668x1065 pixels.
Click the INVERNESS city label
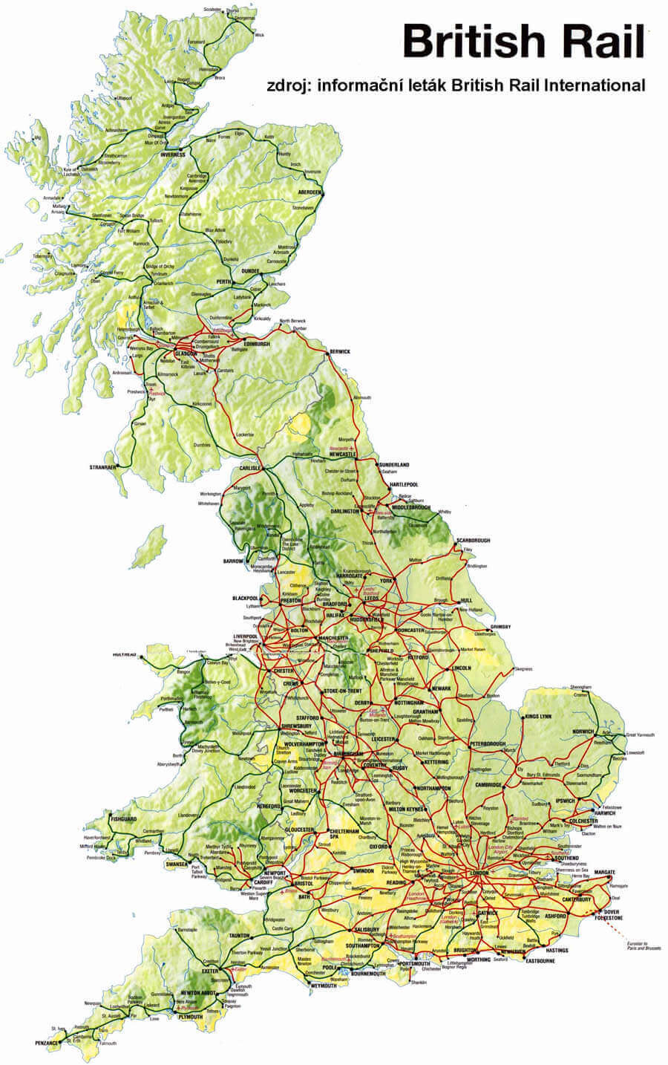171,154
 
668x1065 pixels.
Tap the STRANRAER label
103,468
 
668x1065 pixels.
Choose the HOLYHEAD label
125,655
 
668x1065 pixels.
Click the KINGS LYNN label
539,717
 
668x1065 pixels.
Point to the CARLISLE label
250,469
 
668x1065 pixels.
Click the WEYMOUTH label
323,985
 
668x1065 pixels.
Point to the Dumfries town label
203,445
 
